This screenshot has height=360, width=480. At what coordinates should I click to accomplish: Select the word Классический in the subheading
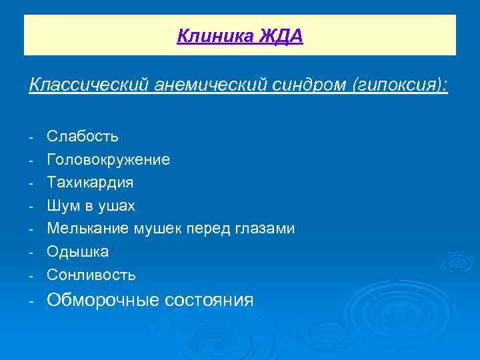click(x=89, y=85)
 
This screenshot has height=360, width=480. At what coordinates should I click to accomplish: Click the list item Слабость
click(x=83, y=137)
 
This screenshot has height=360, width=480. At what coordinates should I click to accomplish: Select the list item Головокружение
click(x=108, y=160)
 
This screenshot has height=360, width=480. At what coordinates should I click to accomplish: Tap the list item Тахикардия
click(x=90, y=183)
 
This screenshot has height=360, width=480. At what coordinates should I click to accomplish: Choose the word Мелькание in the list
click(x=88, y=229)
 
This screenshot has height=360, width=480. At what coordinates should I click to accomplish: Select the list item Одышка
click(x=77, y=252)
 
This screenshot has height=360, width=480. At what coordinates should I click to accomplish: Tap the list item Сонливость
click(x=91, y=275)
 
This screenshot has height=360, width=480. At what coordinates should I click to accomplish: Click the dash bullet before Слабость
click(x=31, y=137)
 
